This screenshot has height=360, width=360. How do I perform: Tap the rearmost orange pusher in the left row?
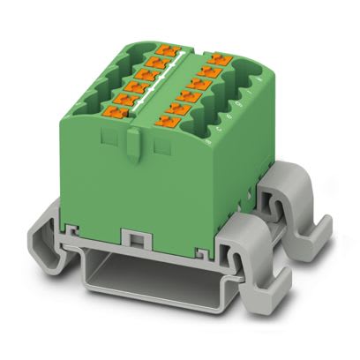pos(161,53)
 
